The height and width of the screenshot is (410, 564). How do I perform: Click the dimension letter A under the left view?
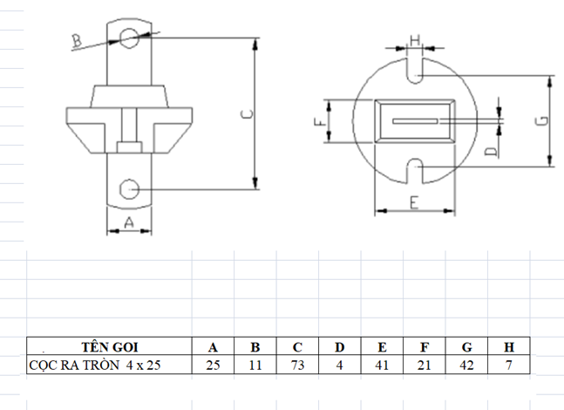tap(129, 222)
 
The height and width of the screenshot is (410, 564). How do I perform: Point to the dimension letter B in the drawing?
tap(77, 41)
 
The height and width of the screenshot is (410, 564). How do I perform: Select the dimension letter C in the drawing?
tap(247, 114)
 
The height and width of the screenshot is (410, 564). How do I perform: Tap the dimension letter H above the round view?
tap(415, 40)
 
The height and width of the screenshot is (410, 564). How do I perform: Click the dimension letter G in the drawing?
tap(543, 120)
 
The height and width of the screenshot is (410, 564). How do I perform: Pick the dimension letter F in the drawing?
tap(320, 121)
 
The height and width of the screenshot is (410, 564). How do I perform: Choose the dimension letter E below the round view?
tap(414, 202)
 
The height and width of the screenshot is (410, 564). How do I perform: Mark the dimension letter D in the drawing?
tap(491, 152)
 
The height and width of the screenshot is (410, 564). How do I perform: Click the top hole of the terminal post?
tap(129, 38)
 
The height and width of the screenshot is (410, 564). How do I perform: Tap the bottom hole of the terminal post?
tap(129, 189)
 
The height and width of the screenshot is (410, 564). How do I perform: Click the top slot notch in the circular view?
tap(415, 71)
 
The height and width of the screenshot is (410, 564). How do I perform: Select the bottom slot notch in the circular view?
tap(415, 171)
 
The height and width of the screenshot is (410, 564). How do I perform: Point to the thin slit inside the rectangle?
tap(415, 121)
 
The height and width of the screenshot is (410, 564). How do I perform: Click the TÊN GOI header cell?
tap(109, 346)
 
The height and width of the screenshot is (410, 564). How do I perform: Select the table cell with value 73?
tap(297, 365)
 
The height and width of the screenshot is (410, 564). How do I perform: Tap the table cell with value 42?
tap(466, 365)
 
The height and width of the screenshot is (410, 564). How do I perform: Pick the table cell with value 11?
tap(255, 365)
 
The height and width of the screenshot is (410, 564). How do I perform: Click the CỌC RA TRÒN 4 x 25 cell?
tap(109, 365)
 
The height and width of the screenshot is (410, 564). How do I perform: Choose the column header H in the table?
tap(508, 346)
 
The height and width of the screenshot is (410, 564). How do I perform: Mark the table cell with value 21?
tap(425, 365)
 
